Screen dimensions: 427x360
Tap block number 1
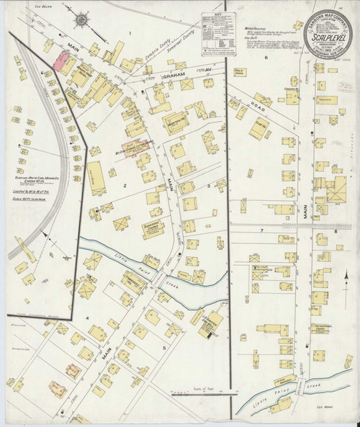pos(130,33)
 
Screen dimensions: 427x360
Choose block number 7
pos(263,230)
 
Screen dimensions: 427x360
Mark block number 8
pos(336,232)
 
